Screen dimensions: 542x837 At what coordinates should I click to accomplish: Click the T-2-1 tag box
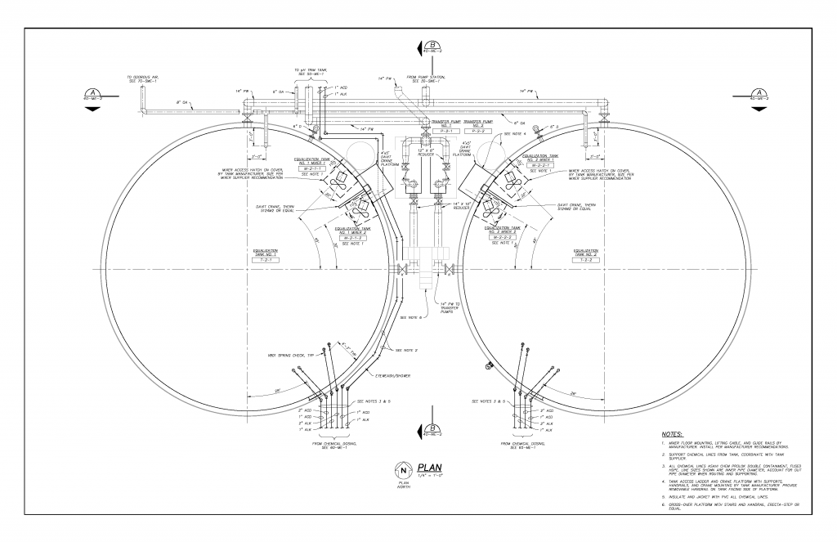point(266,256)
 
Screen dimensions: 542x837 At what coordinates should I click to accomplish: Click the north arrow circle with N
point(403,470)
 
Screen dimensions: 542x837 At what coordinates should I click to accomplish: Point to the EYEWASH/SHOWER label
point(392,376)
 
